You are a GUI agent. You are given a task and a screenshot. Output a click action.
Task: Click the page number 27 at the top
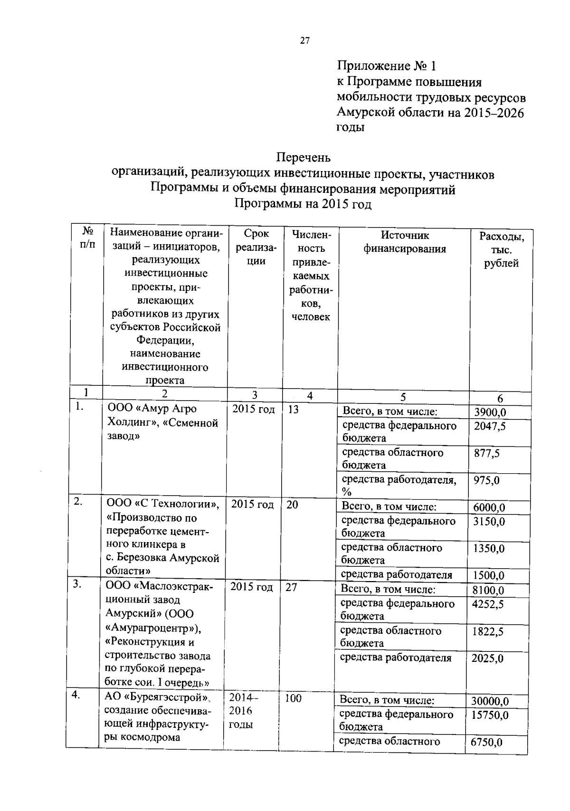tap(305, 41)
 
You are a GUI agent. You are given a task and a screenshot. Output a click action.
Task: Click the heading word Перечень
tap(304, 157)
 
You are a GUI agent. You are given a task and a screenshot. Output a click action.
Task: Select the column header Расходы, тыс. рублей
tap(501, 249)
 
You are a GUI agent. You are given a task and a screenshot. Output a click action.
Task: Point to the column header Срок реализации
tap(256, 247)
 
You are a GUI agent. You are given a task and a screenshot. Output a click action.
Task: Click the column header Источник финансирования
tap(405, 242)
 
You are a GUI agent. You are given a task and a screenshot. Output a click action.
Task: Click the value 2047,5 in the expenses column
tap(490, 426)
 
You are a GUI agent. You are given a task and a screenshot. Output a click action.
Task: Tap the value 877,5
tap(487, 453)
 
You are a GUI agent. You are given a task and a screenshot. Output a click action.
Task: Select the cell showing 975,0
tap(486, 480)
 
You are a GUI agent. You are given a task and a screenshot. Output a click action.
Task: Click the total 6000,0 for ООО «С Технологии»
tap(489, 507)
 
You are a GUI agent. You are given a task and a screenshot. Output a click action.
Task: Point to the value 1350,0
tap(489, 549)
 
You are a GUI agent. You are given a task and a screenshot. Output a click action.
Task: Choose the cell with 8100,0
tap(488, 591)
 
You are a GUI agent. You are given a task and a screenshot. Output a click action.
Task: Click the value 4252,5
tap(488, 604)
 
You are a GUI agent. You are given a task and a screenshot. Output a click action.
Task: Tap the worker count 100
tap(294, 698)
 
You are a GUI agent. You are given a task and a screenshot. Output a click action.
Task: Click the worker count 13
tap(294, 410)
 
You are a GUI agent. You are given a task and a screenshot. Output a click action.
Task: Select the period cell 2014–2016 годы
tap(244, 711)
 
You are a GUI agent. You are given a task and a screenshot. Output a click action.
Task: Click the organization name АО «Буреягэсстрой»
tap(157, 698)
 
